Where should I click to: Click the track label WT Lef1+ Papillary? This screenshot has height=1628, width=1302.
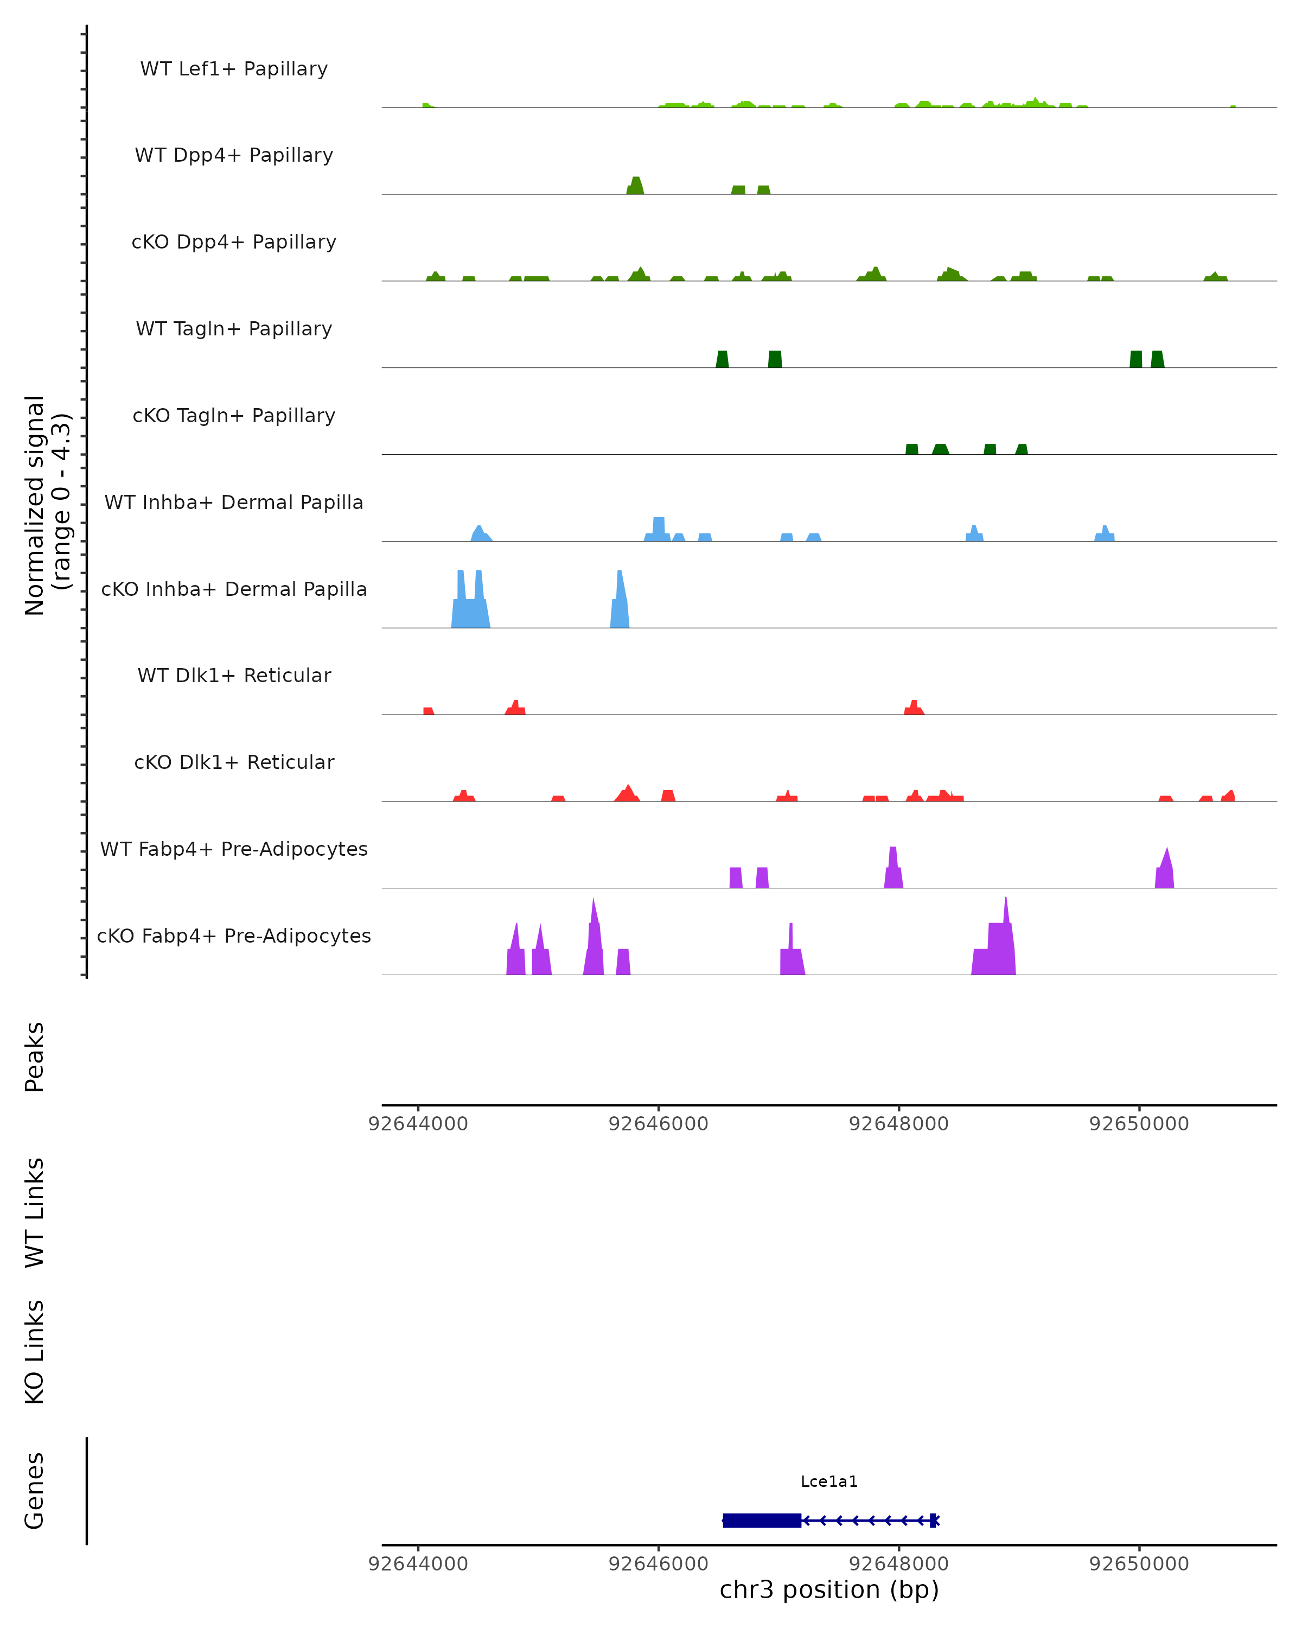[234, 69]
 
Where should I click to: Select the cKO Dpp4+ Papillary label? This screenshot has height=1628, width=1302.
[234, 243]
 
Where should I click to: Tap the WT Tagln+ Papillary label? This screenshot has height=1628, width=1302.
[234, 329]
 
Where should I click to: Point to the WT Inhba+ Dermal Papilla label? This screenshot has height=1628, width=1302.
[234, 503]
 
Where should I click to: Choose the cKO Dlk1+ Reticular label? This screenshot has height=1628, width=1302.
[234, 762]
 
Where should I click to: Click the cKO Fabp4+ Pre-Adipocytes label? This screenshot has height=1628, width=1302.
[234, 936]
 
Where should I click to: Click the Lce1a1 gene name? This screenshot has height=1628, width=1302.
[829, 1481]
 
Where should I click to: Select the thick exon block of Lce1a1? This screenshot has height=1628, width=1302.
[762, 1520]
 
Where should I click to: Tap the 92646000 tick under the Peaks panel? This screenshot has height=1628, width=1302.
[658, 1124]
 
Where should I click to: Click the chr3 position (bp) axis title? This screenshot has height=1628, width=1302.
[829, 1589]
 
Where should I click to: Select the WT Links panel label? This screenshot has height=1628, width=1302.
[35, 1212]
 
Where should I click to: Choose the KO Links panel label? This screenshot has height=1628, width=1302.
[35, 1352]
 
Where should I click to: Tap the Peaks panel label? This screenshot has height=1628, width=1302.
[35, 1057]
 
